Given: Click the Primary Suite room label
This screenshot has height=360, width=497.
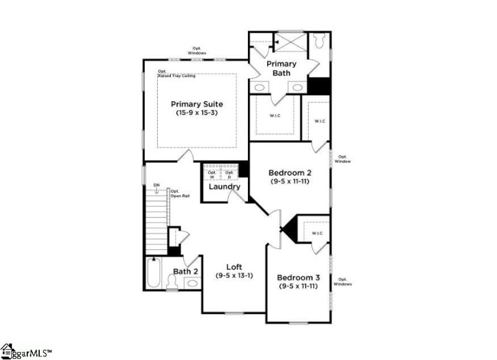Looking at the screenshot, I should pos(197,104).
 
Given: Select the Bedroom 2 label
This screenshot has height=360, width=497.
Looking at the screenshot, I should pos(290,172).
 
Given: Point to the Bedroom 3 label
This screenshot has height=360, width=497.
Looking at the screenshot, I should pos(298,277).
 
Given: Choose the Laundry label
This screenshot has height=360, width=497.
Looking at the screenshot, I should pos(224,187).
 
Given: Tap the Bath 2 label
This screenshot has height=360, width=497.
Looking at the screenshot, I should pos(185,271).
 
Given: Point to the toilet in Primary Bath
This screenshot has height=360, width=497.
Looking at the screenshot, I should pos(320,41).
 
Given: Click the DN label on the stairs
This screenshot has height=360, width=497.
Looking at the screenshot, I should pos(157,185).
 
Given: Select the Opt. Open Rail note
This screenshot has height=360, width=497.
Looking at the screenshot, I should pos(180,193).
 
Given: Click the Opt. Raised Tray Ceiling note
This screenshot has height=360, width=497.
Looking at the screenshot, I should pos(176,73).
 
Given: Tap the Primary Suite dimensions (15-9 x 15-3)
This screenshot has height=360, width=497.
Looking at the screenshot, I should pos(197,113).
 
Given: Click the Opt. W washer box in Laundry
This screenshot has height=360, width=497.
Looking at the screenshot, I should pos(212,175).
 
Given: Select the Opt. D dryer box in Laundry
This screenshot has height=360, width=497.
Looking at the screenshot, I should pos(229,175).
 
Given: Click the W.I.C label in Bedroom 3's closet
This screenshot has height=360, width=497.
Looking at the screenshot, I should pos(316,233).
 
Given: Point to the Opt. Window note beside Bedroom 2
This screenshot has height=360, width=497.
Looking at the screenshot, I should pos(342,159).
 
